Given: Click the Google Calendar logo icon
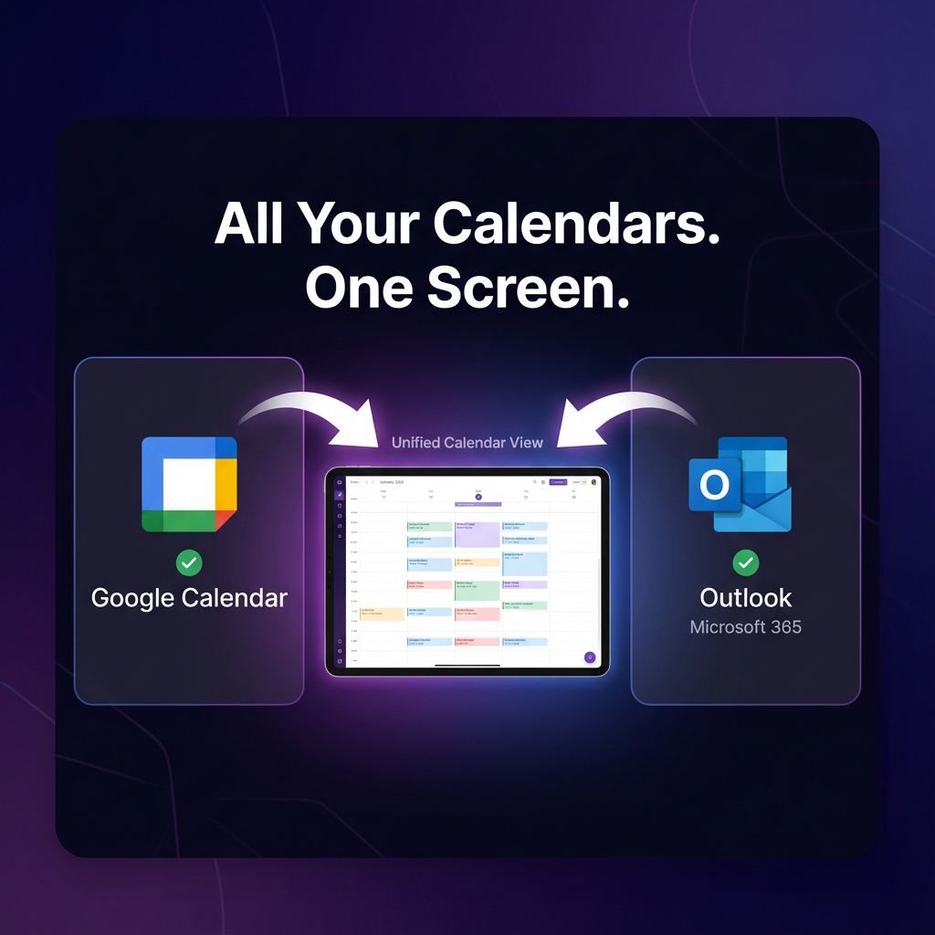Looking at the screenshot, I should [x=189, y=484].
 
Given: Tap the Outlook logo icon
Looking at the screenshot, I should [x=740, y=484].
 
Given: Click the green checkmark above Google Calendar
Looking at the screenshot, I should [x=189, y=562].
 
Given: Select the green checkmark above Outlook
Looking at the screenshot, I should [x=746, y=562].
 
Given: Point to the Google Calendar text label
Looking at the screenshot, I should [x=189, y=598].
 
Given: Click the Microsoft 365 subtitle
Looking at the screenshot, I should [x=746, y=627].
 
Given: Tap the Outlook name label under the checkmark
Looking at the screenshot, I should [x=746, y=598].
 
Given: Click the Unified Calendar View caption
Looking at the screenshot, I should [x=467, y=443].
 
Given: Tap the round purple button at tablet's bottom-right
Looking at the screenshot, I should [x=590, y=657].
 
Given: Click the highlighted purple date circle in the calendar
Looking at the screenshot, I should [x=478, y=497].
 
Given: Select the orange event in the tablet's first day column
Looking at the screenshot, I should [x=382, y=614].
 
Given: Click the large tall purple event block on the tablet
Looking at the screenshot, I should [x=478, y=534].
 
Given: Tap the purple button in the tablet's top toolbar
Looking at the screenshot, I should [x=558, y=481].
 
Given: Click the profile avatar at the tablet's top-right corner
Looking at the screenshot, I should [x=594, y=481].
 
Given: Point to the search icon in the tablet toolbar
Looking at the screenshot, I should [x=535, y=481].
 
